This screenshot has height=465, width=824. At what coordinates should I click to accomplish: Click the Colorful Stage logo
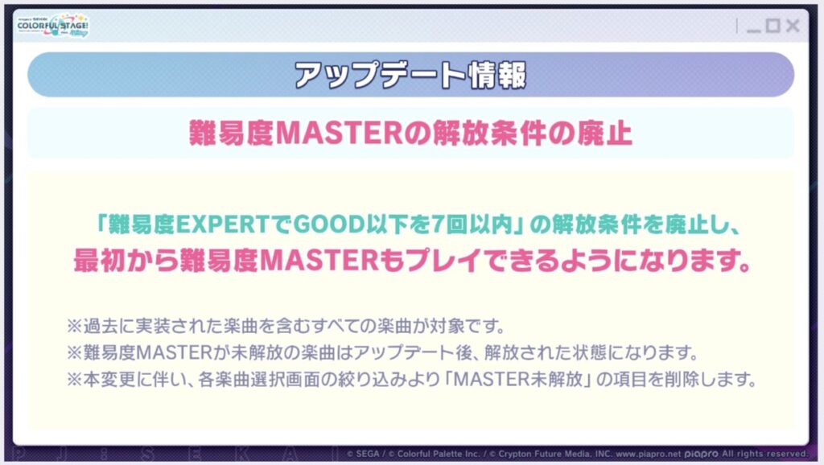53,26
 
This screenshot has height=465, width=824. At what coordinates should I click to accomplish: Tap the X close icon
793,25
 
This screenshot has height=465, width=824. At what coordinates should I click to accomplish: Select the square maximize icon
773,25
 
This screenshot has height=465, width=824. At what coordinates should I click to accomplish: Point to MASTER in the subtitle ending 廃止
339,134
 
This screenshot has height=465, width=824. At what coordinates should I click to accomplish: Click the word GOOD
328,225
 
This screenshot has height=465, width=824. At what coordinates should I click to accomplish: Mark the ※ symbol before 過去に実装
74,327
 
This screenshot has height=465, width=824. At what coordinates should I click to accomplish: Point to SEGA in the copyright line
367,454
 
